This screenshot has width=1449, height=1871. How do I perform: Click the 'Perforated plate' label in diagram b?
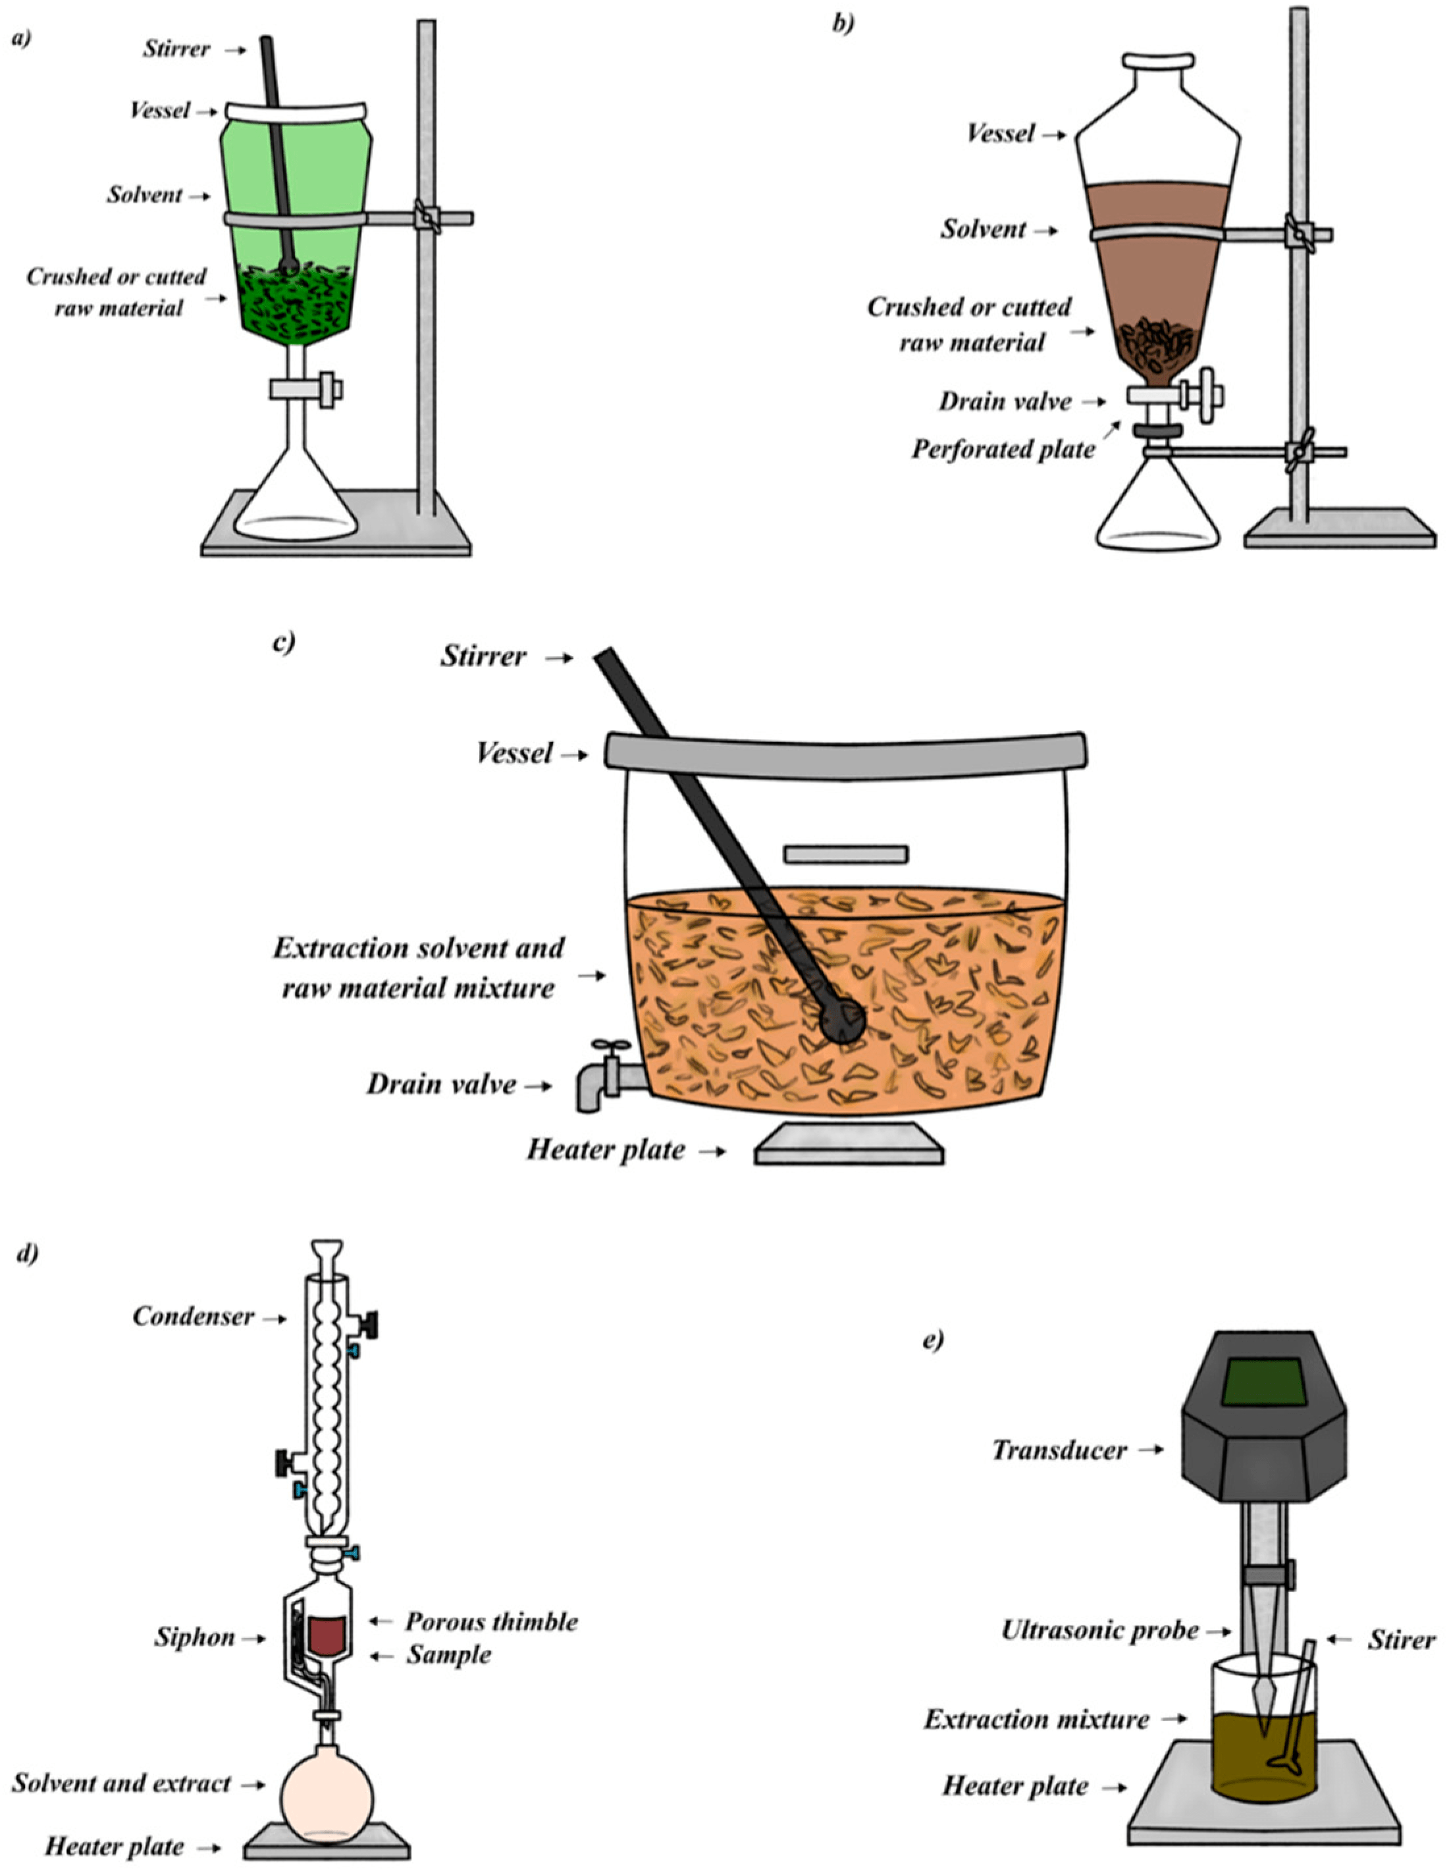(x=1003, y=449)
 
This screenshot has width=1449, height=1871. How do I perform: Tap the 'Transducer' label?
(x=1059, y=1450)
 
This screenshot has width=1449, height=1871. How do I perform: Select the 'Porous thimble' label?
(x=491, y=1621)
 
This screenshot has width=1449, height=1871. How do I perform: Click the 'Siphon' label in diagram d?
(x=194, y=1637)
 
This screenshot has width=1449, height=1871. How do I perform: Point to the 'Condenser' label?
(x=193, y=1316)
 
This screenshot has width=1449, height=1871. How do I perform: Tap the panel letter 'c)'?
(x=284, y=642)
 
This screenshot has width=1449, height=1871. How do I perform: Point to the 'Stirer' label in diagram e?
(x=1402, y=1640)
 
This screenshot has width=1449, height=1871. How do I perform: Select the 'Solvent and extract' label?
(x=121, y=1783)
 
